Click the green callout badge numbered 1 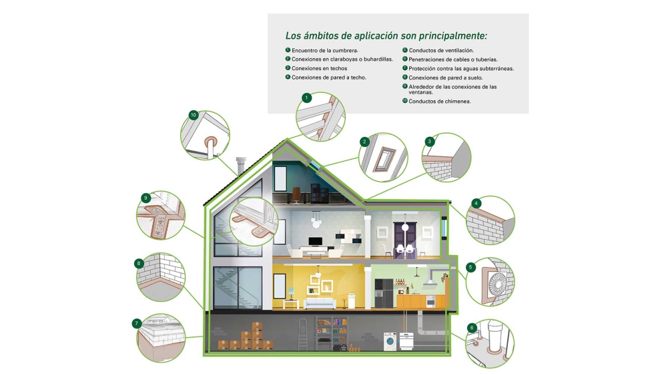coord(306,98)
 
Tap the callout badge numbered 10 coord(193,115)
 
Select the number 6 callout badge coord(472,328)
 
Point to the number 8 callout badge coord(139,263)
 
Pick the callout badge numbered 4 coord(476,204)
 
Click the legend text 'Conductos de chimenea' coord(439,102)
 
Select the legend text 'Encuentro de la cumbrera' coord(324,51)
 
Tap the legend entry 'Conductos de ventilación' coord(441,51)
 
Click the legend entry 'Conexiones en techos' coord(319,68)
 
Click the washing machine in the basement coord(391,341)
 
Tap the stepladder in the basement coord(303,333)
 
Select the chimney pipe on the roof coord(241,166)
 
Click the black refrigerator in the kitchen coord(384,293)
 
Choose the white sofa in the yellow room coord(320,303)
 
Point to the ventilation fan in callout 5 coord(497,283)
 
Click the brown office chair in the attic coord(296,195)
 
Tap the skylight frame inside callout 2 coord(384,160)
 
